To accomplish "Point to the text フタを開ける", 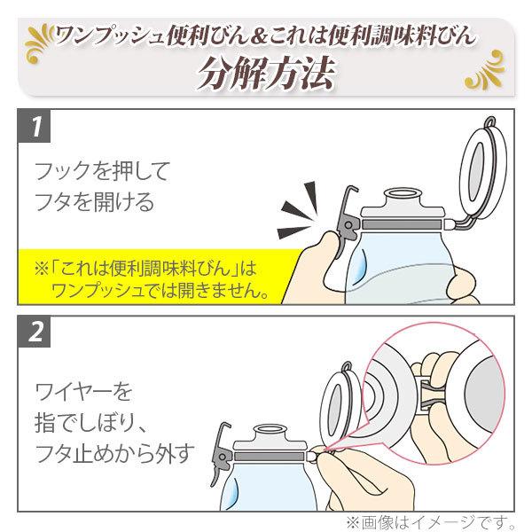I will tap(93, 202).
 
